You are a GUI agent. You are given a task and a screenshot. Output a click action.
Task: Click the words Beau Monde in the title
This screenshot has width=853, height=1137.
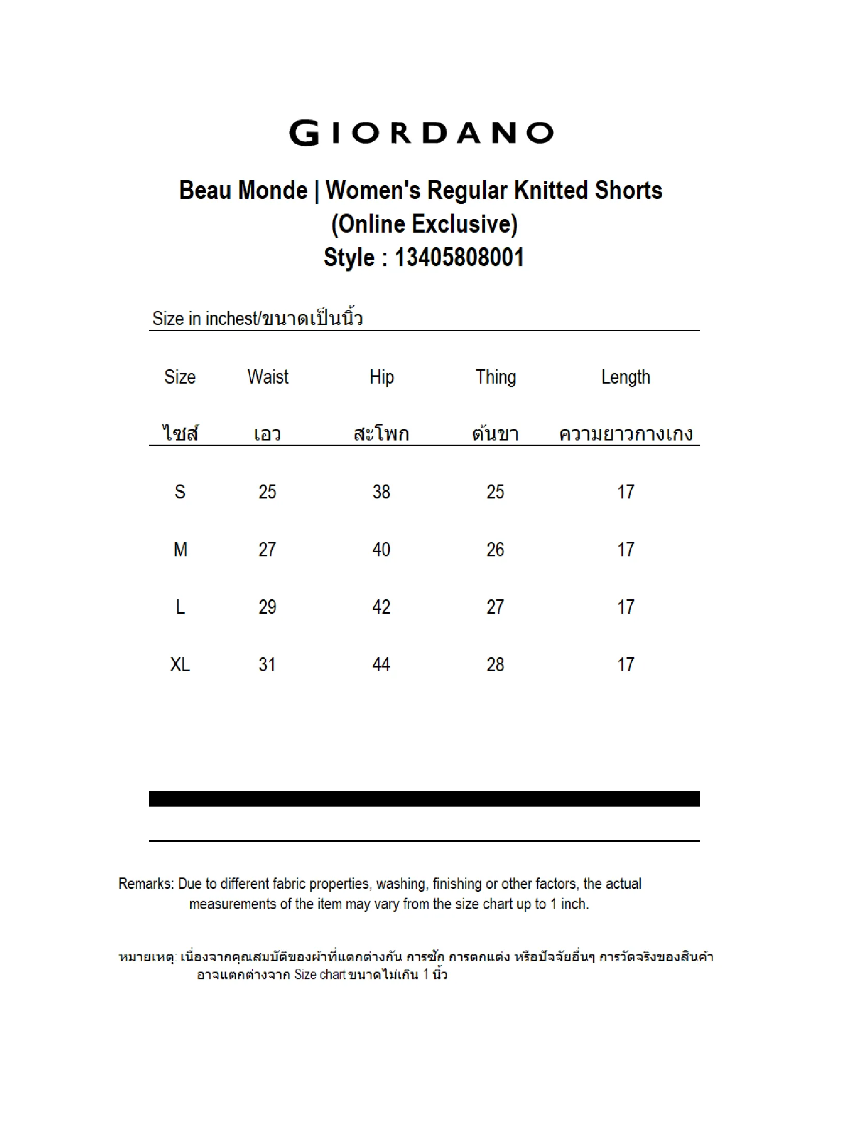[243, 190]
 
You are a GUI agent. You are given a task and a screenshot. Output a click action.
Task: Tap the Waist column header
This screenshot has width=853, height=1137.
[268, 377]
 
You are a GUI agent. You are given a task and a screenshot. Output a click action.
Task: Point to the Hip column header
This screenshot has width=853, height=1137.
[382, 377]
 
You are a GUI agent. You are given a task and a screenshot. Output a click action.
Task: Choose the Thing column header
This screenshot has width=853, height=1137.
[495, 377]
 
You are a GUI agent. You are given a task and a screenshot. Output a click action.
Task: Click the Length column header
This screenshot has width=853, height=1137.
[626, 377]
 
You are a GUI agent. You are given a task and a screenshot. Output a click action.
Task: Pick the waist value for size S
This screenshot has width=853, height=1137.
[267, 492]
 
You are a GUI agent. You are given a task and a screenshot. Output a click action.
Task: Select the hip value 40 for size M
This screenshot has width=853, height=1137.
[382, 550]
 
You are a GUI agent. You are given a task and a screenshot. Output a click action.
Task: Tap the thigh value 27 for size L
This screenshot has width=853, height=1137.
[495, 607]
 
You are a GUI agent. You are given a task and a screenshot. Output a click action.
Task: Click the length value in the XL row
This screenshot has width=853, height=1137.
[626, 665]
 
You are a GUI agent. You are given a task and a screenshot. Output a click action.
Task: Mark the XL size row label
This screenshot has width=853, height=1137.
[180, 665]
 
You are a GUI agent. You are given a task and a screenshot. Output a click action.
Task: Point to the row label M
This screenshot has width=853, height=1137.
[180, 550]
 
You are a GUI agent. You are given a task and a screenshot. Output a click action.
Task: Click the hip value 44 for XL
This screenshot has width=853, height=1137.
[382, 665]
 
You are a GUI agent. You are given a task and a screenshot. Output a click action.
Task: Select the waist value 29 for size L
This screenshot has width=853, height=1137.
[267, 607]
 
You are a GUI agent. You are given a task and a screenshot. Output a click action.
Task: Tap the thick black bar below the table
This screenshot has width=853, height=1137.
[424, 799]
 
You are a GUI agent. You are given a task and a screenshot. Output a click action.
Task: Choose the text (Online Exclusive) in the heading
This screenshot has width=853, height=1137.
[424, 224]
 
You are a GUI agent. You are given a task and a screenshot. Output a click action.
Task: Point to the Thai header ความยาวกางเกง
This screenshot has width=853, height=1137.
[626, 433]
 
